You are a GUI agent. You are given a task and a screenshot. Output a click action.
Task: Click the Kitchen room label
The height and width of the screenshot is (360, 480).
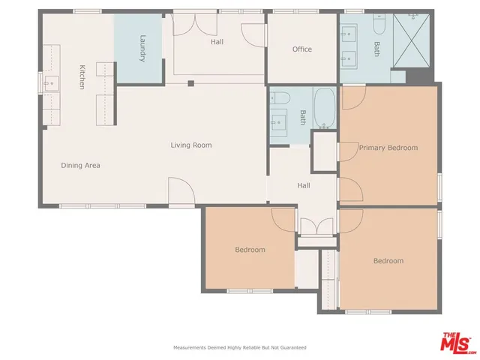82,77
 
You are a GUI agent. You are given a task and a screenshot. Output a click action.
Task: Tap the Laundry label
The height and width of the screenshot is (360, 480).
141,49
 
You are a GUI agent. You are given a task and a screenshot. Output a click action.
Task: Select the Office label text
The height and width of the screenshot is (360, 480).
301,49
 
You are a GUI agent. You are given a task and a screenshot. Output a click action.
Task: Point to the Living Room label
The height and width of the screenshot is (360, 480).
191,145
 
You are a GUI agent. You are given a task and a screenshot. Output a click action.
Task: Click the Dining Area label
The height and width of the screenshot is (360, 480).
80,165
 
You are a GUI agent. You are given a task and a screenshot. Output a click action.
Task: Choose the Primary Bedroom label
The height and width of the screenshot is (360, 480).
388,148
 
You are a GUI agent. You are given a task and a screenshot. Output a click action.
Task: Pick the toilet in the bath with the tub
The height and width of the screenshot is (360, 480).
276,97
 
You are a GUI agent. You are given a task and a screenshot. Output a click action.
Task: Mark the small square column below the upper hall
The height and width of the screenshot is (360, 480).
191,83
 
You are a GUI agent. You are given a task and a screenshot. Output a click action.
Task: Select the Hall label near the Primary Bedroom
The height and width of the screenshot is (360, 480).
303,185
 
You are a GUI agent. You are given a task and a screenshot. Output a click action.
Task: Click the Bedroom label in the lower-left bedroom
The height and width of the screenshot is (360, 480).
250,250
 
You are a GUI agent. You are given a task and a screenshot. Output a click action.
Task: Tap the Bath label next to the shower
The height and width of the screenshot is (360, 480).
376,49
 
